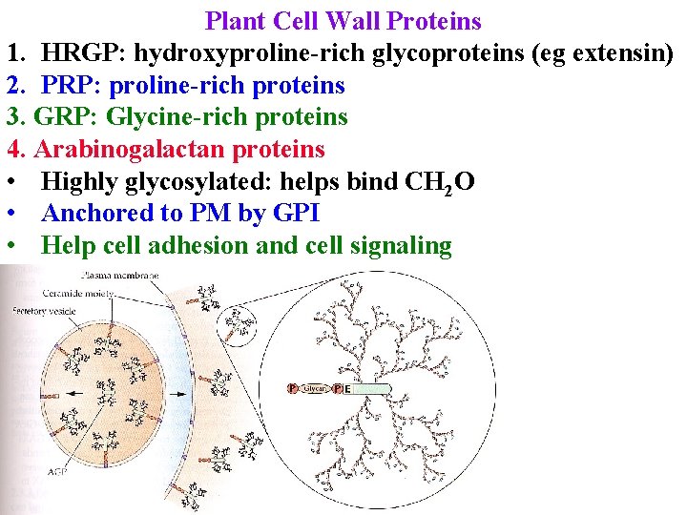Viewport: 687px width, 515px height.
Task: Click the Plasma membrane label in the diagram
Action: coord(121,275)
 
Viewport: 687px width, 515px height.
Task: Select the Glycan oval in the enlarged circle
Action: coord(316,389)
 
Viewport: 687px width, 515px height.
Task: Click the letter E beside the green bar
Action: coord(348,389)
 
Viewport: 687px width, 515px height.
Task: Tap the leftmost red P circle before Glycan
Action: coord(292,389)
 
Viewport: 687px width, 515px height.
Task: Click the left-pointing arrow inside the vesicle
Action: coord(89,390)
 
